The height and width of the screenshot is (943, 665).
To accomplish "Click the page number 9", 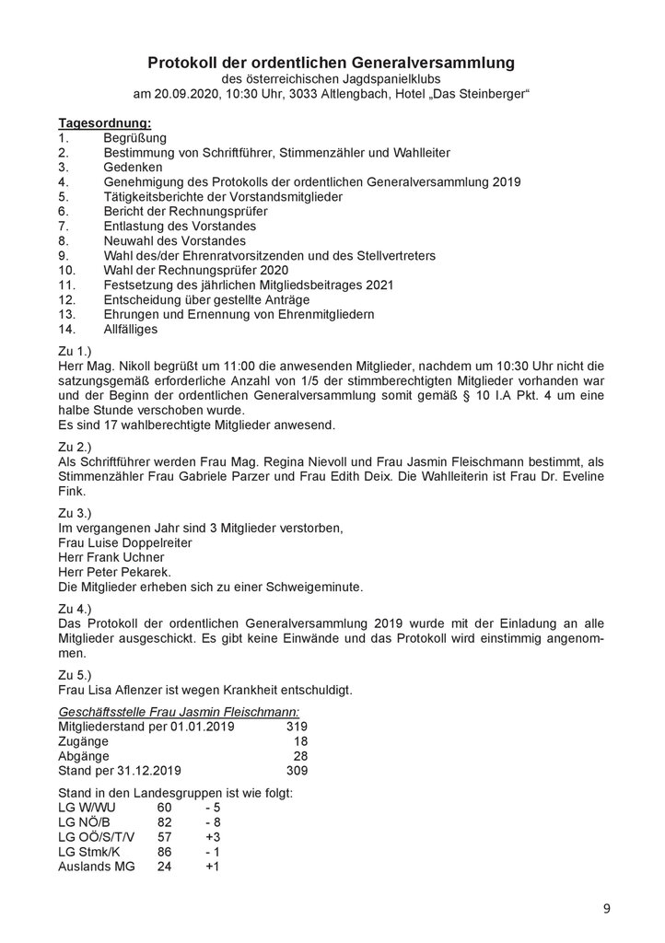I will point(606,909).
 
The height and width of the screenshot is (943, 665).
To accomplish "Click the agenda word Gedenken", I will point(133,168).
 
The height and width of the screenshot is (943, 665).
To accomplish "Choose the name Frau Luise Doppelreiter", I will point(125,543).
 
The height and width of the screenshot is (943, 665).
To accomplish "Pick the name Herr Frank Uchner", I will point(111,558).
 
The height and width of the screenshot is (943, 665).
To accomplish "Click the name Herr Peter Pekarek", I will point(115,573).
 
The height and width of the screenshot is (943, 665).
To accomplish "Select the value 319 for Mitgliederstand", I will point(296,727).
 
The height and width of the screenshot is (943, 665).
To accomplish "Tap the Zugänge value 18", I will point(300,741).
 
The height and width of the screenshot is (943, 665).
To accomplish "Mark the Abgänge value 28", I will point(300,756).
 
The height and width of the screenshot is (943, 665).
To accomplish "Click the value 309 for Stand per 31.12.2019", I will point(296,771).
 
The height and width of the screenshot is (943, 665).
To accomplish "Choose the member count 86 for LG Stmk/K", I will point(165,853).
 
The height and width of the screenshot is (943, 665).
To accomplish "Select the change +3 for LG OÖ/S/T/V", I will point(214,838).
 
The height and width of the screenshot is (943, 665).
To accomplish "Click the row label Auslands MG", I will point(95,867).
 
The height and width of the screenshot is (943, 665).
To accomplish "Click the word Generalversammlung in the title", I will point(434,63).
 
